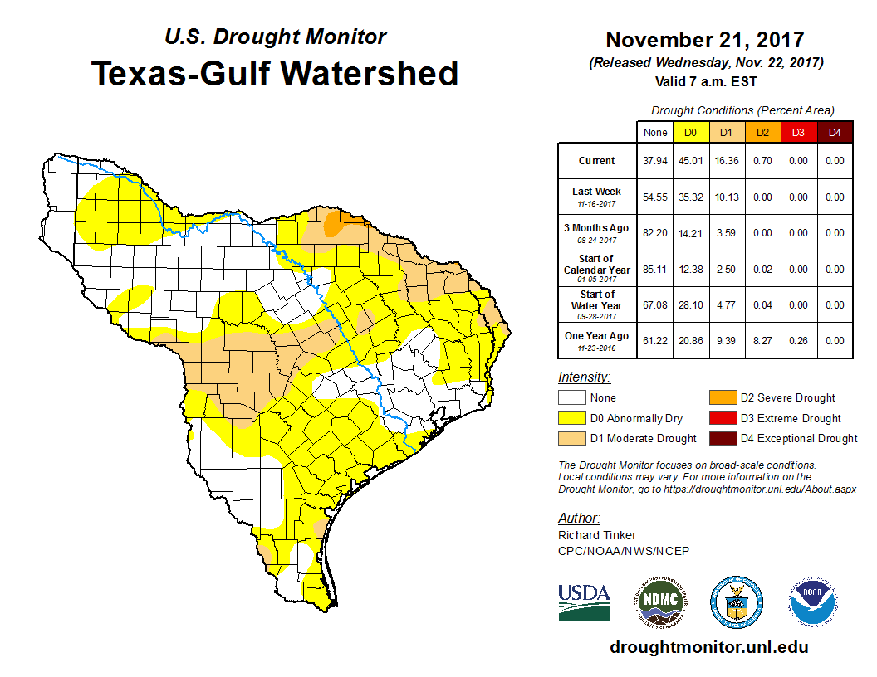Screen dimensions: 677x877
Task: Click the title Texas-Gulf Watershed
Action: pyautogui.click(x=274, y=73)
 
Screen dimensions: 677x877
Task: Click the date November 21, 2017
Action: pyautogui.click(x=704, y=40)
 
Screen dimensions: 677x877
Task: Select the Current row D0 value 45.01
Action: pyautogui.click(x=690, y=161)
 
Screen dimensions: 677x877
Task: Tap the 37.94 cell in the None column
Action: pyautogui.click(x=654, y=161)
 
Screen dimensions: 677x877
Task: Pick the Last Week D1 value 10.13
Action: pyautogui.click(x=725, y=197)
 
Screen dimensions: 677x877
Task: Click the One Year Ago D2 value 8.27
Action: pyautogui.click(x=762, y=339)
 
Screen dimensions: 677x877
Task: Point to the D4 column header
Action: pyautogui.click(x=835, y=133)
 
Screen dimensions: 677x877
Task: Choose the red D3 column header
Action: pyautogui.click(x=798, y=133)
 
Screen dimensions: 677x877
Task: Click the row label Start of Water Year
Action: pyautogui.click(x=597, y=300)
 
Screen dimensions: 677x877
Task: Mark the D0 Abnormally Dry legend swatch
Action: pyautogui.click(x=571, y=418)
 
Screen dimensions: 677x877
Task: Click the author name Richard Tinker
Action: pyautogui.click(x=597, y=535)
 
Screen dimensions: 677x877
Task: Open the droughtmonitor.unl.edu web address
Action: pyautogui.click(x=709, y=647)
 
